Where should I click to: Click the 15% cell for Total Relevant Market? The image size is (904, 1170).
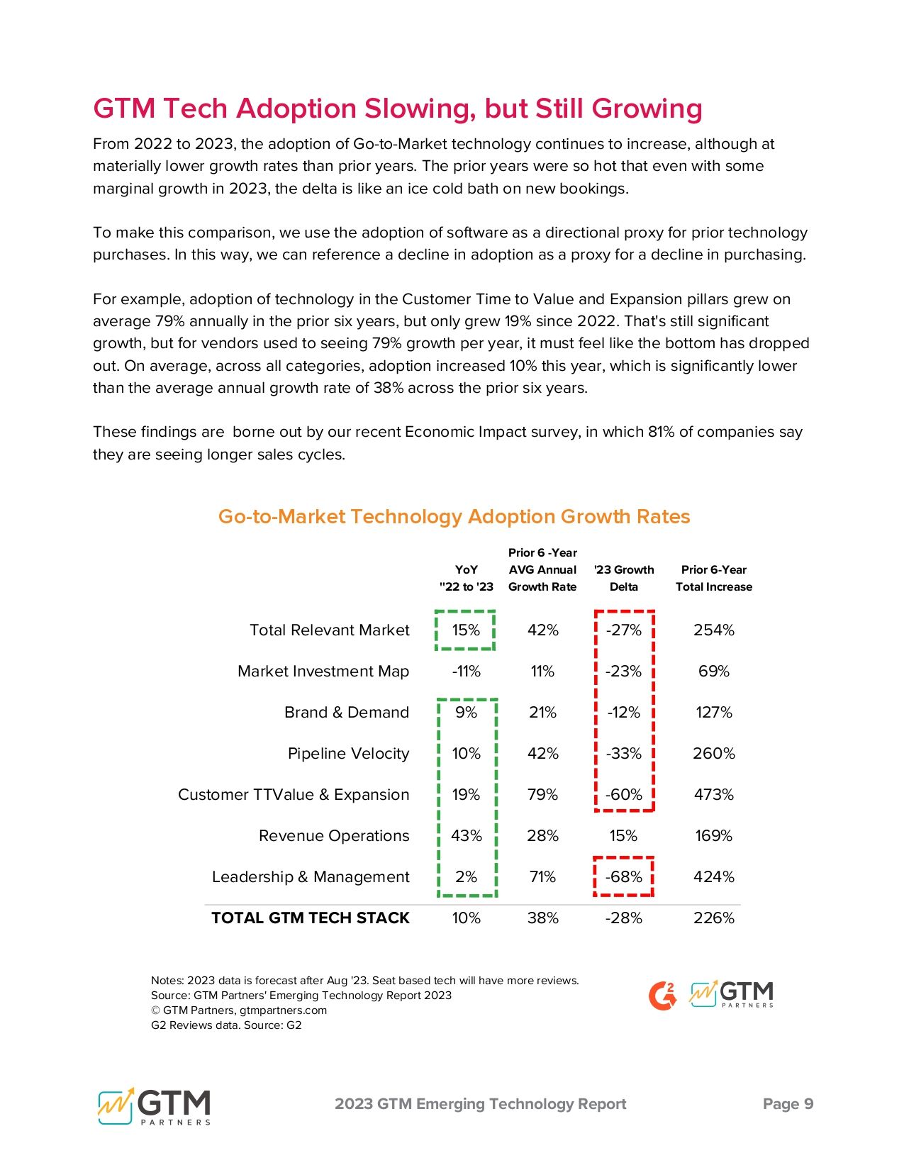click(466, 630)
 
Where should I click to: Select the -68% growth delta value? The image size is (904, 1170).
click(623, 876)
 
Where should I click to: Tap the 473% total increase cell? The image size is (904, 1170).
click(713, 794)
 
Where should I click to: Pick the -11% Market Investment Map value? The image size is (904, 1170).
click(466, 671)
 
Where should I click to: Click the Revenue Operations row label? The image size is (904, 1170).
click(334, 835)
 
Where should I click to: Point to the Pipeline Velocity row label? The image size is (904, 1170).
click(348, 753)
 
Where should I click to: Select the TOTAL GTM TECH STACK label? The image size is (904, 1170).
click(311, 918)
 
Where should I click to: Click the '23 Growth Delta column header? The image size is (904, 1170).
click(624, 578)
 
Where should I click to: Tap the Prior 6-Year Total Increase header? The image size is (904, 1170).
click(713, 578)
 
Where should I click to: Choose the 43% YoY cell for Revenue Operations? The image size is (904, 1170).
click(466, 835)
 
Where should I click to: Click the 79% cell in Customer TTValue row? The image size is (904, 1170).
click(542, 794)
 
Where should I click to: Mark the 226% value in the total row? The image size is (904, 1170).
click(713, 918)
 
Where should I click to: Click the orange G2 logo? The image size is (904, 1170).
click(662, 996)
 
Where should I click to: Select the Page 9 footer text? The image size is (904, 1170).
click(788, 1103)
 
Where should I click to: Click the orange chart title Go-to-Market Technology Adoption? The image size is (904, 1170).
click(454, 516)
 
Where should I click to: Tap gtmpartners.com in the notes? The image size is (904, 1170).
click(283, 1010)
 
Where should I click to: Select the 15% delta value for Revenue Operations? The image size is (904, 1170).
click(623, 835)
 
